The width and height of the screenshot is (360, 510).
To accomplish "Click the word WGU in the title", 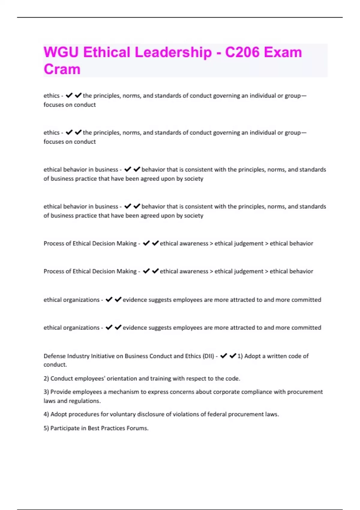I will (61, 52).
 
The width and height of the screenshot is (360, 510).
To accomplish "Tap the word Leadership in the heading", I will (173, 52).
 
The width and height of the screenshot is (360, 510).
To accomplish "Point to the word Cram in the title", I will (62, 69).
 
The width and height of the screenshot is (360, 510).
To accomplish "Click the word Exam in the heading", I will (283, 52).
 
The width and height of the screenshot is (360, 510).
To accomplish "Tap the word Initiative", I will (103, 356).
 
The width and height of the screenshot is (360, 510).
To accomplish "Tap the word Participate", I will (65, 428).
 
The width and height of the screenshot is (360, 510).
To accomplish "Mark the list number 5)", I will (46, 428).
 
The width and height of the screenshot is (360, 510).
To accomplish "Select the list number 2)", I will (46, 379).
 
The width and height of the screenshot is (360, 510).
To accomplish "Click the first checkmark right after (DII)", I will (223, 356).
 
